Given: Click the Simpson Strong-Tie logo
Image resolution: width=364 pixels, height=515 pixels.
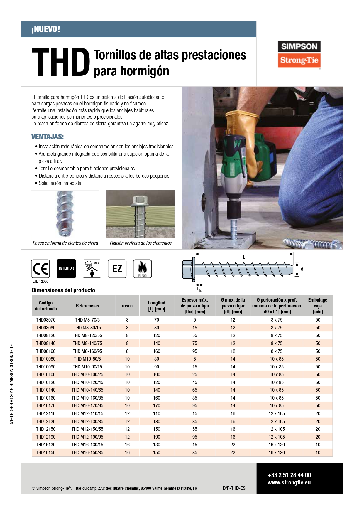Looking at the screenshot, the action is (299, 54).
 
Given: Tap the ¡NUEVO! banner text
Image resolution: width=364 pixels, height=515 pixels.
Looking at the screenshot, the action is (46, 29).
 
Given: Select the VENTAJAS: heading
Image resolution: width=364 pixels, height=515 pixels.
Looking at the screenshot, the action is (48, 137).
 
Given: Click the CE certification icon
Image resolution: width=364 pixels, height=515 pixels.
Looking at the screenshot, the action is (40, 268).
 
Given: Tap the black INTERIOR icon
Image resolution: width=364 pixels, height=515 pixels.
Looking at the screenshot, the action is (66, 268).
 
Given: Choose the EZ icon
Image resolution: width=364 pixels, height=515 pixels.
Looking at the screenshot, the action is (117, 268).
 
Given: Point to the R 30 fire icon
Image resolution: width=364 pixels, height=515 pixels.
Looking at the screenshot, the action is (142, 268).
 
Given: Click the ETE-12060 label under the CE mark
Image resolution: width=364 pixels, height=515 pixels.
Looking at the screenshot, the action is (40, 281).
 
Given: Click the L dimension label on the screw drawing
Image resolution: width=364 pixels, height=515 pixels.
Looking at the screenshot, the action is (244, 257).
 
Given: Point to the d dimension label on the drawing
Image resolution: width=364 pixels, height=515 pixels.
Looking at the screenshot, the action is (302, 269).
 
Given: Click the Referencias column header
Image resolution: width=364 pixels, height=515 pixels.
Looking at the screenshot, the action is (87, 306).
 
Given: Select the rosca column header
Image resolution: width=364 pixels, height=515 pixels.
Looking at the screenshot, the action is (127, 306).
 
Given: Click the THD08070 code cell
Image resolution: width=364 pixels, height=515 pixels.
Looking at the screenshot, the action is (46, 320).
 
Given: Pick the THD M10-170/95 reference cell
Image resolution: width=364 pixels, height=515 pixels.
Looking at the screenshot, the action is (87, 405).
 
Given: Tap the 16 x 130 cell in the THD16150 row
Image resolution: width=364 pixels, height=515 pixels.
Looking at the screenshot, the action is (277, 452).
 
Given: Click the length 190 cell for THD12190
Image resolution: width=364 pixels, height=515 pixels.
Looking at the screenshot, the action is (157, 437).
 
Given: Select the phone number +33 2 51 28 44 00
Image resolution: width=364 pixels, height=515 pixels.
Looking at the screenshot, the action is (289, 475).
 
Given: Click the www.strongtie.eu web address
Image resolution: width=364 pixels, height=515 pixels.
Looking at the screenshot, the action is (289, 482).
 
